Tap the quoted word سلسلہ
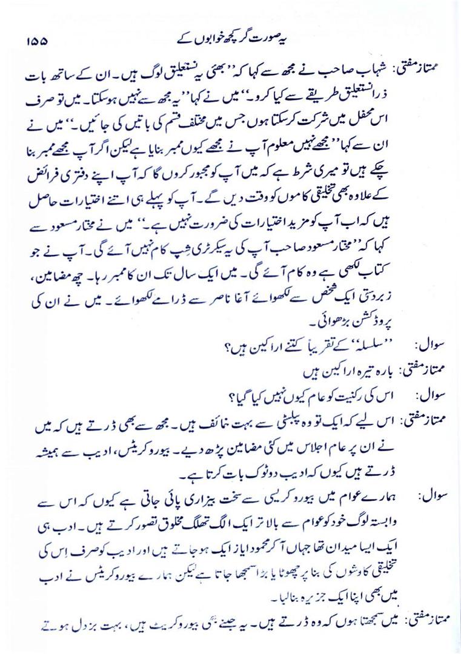click(357, 346)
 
